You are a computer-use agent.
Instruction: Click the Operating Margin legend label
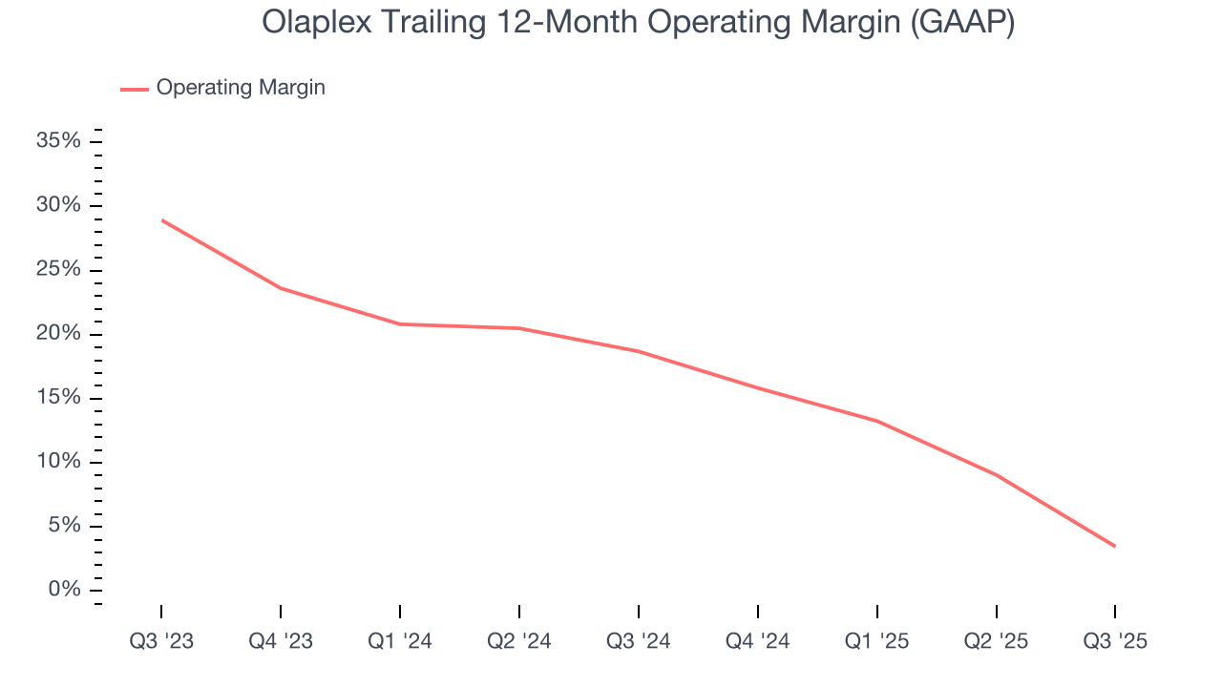[241, 88]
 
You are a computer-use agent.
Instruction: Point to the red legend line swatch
[135, 89]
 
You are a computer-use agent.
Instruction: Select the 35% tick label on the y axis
[58, 141]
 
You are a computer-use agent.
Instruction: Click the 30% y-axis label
[58, 206]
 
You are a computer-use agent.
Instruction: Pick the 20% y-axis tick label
[58, 334]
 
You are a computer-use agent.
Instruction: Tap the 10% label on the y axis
[58, 462]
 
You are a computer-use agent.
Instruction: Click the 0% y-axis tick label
[64, 590]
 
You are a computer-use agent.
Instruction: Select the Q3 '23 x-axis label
[161, 641]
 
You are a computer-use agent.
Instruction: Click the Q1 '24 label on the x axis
[400, 641]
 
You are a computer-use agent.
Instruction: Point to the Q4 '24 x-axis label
[758, 641]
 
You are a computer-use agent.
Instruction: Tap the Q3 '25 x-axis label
[1115, 641]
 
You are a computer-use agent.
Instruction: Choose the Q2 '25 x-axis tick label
[997, 641]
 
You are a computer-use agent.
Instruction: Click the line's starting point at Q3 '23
[161, 220]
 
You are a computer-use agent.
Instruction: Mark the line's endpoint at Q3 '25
[1115, 546]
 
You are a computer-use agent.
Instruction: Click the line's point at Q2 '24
[519, 328]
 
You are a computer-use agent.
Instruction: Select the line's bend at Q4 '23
[281, 288]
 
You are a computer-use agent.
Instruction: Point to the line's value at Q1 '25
[877, 421]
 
